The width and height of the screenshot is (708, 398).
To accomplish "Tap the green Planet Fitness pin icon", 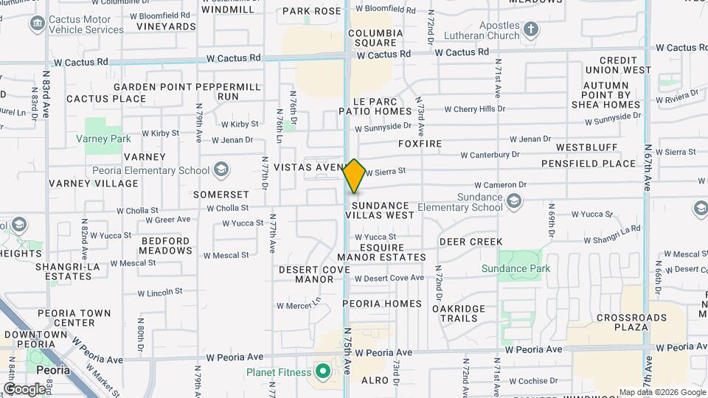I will click(x=322, y=370).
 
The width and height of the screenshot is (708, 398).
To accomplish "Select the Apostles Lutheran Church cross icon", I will click(x=531, y=29).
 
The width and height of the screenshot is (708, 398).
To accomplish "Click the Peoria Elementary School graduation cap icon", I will click(x=221, y=170).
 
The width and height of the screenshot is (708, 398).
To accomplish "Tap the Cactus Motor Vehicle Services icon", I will click(x=36, y=24).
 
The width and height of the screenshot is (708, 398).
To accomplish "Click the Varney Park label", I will click(x=103, y=139).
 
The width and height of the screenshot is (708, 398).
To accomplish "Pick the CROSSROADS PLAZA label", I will click(x=622, y=321).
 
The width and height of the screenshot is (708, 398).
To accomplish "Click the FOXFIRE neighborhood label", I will click(x=420, y=144).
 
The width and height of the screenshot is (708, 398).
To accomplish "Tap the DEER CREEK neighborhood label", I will click(x=471, y=242).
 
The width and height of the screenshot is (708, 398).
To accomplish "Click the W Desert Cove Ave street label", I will click(x=389, y=278).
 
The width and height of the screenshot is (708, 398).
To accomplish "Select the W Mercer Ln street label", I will click(x=299, y=304).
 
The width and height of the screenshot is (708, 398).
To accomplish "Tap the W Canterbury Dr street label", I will click(x=490, y=156).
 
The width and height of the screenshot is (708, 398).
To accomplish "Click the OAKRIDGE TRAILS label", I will click(x=459, y=313).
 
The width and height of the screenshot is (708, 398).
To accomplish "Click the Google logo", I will click(x=24, y=388).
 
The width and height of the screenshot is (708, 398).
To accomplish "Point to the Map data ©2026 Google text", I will click(x=662, y=392).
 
